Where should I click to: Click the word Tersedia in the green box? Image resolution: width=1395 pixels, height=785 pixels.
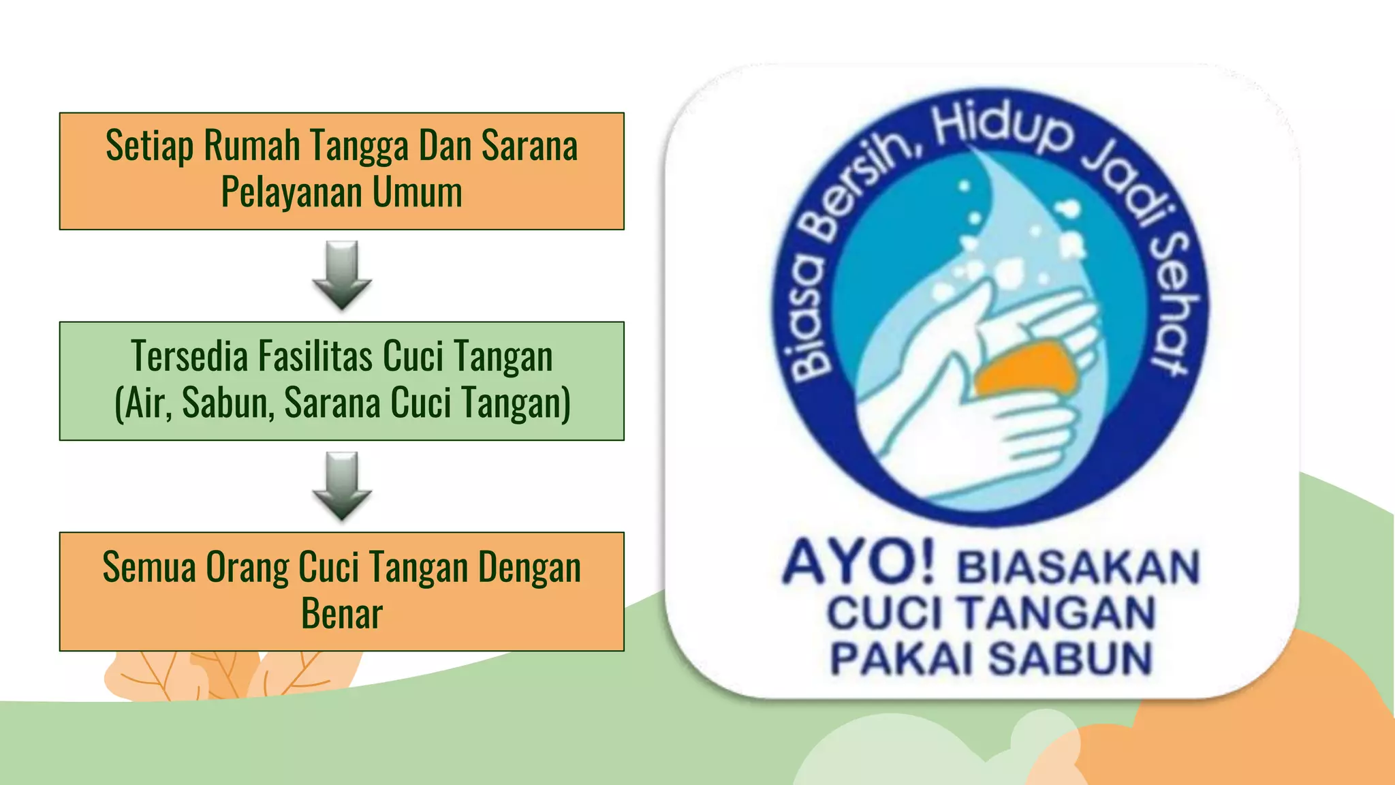click(189, 356)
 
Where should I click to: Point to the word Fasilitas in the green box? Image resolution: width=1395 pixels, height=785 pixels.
click(315, 356)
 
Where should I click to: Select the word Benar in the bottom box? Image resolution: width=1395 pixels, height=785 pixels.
click(342, 613)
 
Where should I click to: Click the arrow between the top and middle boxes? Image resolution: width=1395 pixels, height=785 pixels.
click(342, 274)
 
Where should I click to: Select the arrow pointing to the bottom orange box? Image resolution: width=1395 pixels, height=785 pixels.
click(342, 485)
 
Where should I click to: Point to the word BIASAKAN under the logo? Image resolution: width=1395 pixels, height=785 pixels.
click(1078, 567)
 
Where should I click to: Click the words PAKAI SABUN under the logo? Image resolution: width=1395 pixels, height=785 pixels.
click(991, 658)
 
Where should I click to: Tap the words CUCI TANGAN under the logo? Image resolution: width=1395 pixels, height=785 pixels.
click(991, 613)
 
